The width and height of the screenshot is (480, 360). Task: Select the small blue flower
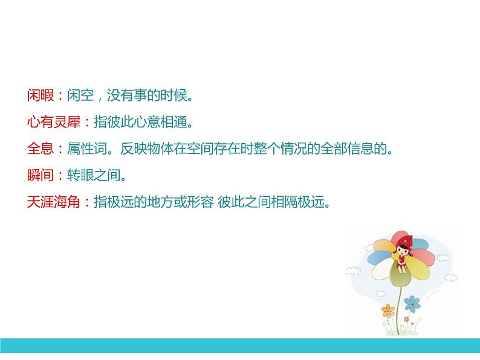412,301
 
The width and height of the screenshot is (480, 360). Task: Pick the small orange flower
388,312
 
